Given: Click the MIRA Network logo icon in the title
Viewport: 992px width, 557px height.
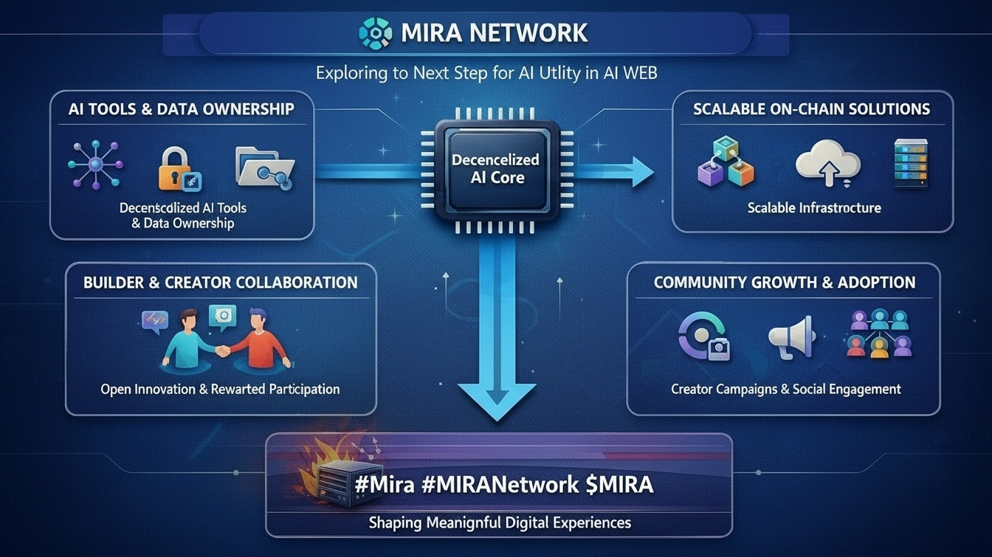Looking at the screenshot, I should click(x=374, y=33).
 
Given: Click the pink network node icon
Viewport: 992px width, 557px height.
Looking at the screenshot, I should click(x=96, y=164).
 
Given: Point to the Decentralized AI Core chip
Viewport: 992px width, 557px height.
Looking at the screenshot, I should click(x=495, y=169).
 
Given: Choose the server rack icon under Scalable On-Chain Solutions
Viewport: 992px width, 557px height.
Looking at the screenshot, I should click(x=910, y=162).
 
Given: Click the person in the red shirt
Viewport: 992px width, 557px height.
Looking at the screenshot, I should click(x=260, y=340).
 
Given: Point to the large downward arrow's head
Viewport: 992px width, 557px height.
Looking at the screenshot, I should click(x=496, y=398).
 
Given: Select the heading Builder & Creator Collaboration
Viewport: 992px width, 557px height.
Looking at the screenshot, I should click(x=221, y=283).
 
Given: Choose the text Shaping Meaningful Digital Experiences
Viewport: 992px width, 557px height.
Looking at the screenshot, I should click(x=500, y=522).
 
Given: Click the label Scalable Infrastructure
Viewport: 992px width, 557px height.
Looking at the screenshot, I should click(x=813, y=208).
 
